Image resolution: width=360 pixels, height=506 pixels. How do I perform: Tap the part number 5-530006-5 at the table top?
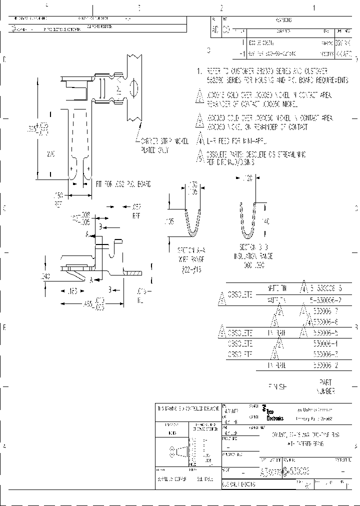click(325, 289)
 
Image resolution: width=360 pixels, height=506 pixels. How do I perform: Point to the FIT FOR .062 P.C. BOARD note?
click(123, 184)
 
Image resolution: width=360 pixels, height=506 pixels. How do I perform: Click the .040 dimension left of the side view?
click(47, 275)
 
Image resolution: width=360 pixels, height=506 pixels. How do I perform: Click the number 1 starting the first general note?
click(198, 71)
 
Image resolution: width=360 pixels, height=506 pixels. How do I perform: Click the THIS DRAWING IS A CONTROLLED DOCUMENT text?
click(187, 408)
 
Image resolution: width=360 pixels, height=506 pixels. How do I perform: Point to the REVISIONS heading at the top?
click(283, 20)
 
